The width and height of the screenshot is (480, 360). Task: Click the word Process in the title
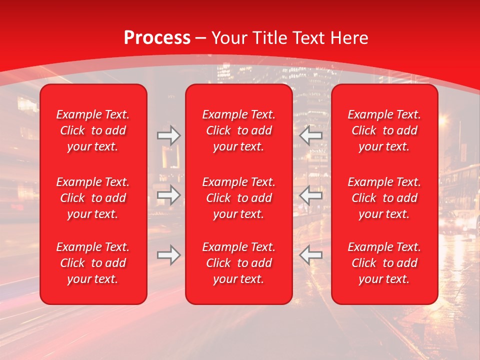157,38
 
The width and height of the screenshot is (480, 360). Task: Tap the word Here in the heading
350,38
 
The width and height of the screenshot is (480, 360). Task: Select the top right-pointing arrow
168,135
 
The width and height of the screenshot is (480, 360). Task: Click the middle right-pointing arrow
168,195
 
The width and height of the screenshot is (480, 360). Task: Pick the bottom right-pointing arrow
168,254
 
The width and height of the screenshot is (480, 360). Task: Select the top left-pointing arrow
310,135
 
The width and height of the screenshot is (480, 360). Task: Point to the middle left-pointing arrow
310,195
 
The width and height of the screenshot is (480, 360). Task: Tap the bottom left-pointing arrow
310,254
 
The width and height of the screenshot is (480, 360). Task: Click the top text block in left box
93,130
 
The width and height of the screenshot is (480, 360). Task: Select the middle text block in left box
93,198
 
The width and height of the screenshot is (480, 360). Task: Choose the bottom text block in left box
93,263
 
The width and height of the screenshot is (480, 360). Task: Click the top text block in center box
238,130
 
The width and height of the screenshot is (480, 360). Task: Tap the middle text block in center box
238,198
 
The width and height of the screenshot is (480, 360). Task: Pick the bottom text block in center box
238,263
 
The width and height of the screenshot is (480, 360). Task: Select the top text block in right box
384,130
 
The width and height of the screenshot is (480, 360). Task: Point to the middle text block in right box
384,198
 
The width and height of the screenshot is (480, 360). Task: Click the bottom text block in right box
384,263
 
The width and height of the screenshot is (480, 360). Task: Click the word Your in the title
229,38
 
